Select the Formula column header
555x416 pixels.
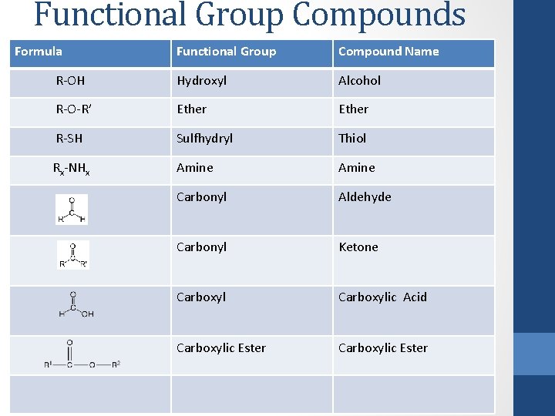[39, 52]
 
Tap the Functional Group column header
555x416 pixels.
[226, 52]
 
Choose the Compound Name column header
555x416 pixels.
[388, 52]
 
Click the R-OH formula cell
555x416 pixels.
[71, 80]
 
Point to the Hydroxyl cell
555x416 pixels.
[201, 80]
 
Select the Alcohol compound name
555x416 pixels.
[359, 80]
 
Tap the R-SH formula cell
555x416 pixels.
[69, 139]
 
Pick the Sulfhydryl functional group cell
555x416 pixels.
[204, 139]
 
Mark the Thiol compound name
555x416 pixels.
[352, 139]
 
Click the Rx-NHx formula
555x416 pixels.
[71, 169]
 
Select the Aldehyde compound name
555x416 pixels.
[365, 197]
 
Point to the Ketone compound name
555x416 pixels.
[358, 247]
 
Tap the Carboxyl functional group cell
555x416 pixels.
[201, 297]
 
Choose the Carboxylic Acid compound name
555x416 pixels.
[382, 297]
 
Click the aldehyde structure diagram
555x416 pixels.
[72, 209]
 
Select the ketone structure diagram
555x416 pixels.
[73, 255]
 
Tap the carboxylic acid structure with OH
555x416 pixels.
[76, 304]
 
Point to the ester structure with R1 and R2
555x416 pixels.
[81, 355]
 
